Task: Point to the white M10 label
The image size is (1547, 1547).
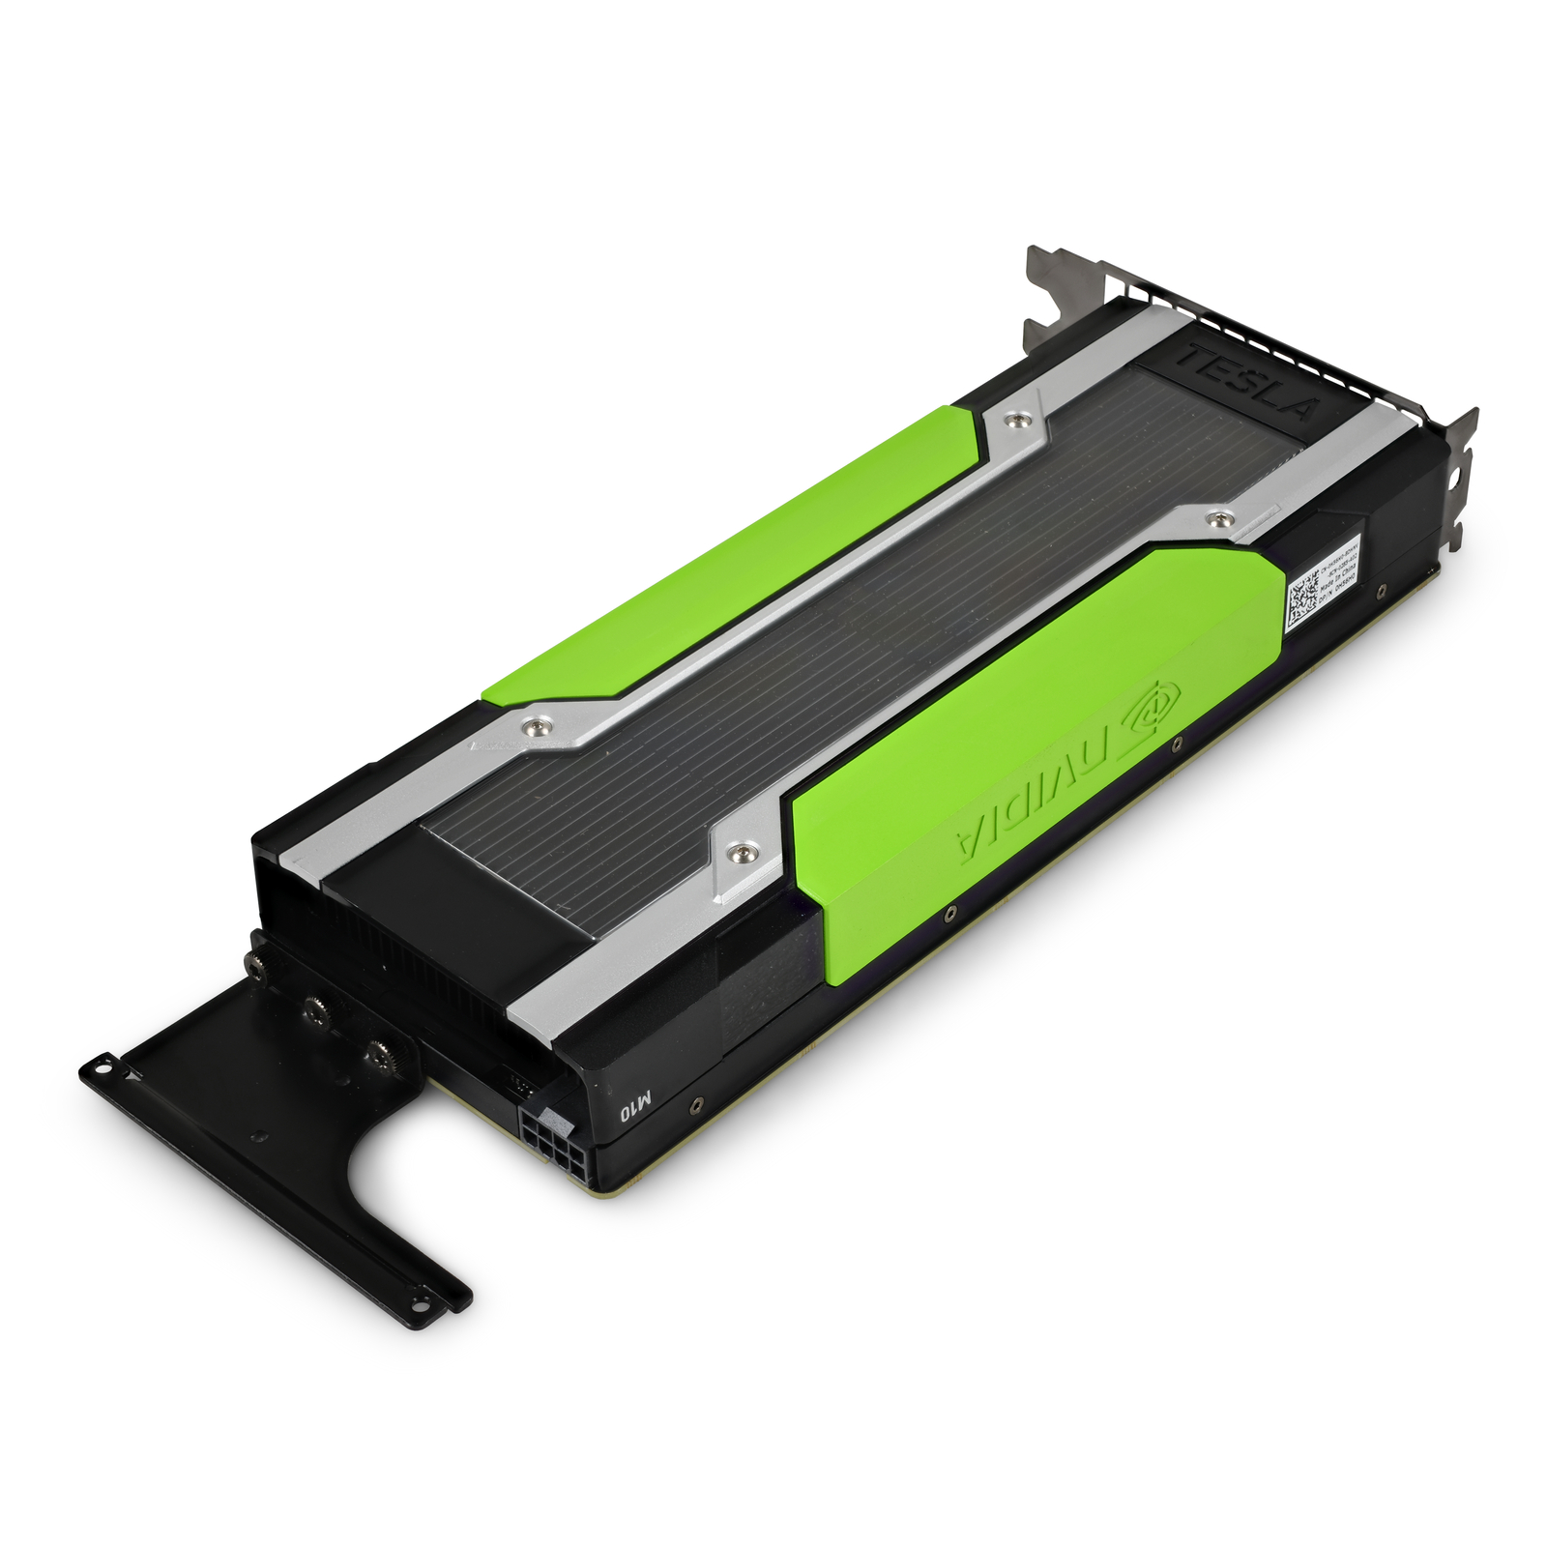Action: (637, 1103)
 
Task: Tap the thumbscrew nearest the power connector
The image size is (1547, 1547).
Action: (376, 1055)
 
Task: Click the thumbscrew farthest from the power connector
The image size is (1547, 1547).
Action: (255, 962)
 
